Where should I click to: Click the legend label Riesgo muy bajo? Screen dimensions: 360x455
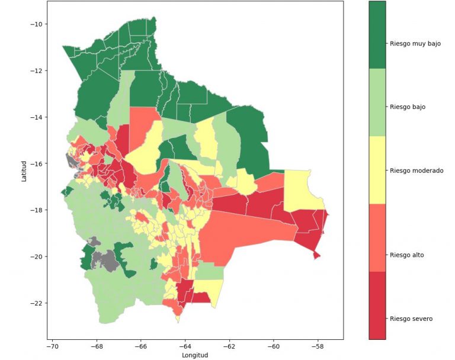[415, 43]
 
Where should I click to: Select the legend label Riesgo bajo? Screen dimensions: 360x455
[408, 107]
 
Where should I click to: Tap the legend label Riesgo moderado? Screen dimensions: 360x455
[416, 171]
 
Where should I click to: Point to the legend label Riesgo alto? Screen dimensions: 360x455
[407, 255]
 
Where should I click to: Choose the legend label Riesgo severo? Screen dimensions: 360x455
[411, 319]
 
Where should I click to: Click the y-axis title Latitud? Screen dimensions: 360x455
[24, 171]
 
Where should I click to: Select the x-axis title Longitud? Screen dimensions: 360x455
[196, 355]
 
